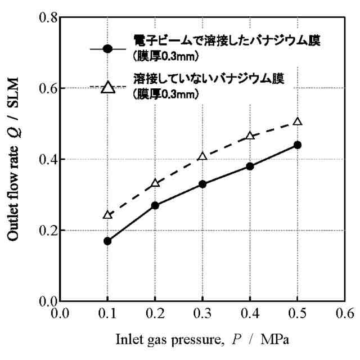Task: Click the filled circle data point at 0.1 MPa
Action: (x=107, y=241)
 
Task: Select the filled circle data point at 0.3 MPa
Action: (x=202, y=184)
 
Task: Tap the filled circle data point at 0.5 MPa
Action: (x=298, y=145)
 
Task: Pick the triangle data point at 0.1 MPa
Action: (x=107, y=215)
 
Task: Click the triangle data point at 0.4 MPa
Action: (x=250, y=136)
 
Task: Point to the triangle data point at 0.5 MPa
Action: (x=298, y=121)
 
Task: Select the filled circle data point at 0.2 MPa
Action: (x=155, y=205)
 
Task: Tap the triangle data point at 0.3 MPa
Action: (x=202, y=156)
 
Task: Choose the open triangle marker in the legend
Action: (x=109, y=87)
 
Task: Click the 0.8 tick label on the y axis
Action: (x=44, y=17)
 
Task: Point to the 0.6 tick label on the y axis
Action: (x=44, y=88)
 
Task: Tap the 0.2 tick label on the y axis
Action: (x=44, y=230)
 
